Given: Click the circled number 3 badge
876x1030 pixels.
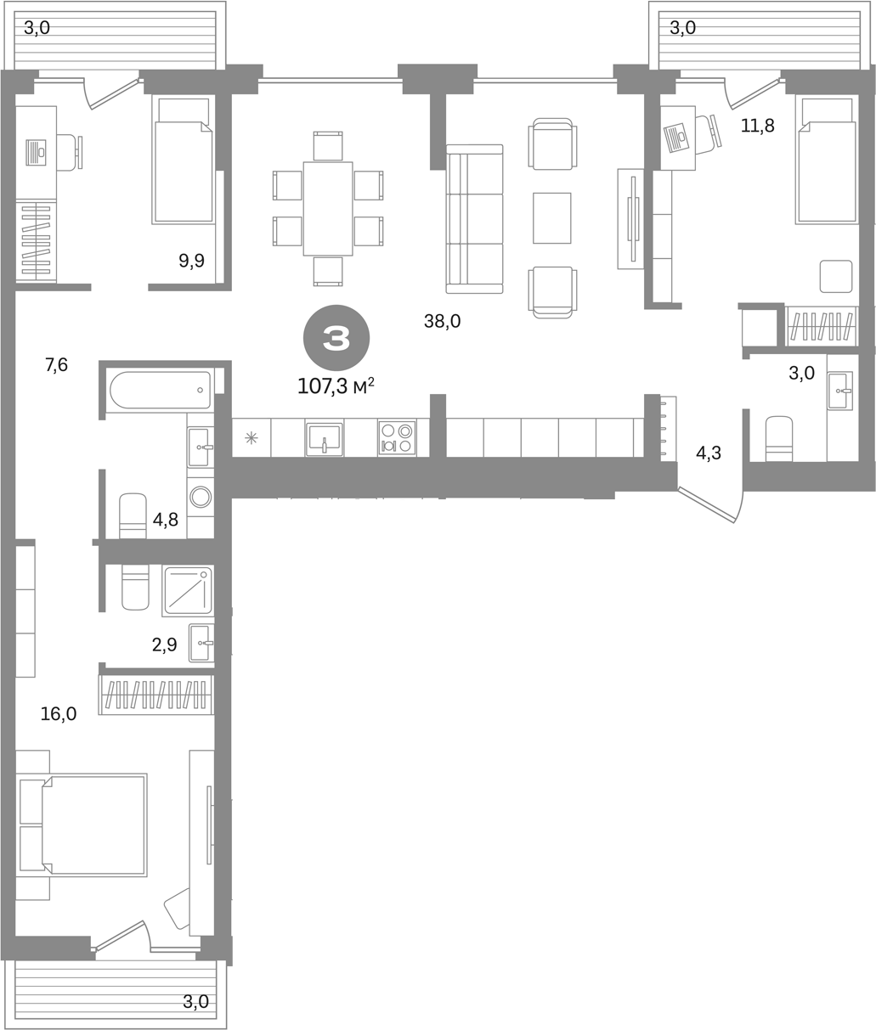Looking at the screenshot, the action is coord(336,338).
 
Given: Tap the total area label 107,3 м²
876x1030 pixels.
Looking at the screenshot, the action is coord(336,386).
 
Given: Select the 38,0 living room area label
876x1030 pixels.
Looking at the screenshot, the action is coord(442,322).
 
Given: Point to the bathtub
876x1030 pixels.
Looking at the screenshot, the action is coord(161,390).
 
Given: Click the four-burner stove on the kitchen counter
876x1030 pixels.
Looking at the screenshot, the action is coord(397,437).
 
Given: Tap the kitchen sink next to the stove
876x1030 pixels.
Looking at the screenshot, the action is coord(324,438).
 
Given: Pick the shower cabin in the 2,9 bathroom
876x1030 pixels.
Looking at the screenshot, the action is coord(188,590).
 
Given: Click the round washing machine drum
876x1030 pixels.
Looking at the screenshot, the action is coord(201,497).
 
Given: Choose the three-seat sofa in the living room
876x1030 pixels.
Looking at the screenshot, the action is coord(475,219).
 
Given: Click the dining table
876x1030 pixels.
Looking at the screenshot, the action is coord(328,208).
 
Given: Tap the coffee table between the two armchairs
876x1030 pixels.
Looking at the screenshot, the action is coord(552,217).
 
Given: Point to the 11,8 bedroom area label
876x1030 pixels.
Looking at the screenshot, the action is coord(757,126).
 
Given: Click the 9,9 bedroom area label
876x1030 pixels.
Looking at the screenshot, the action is coord(192,261).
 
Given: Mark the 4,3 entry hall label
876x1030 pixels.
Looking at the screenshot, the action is coord(709,453).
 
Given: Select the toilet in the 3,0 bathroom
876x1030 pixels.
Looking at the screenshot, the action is coord(779,439).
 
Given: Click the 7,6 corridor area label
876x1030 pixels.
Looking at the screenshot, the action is coord(56,365).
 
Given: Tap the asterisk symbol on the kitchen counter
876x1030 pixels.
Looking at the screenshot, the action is coord(251,438).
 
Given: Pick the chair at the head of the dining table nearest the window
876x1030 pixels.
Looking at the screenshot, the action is coord(328,145).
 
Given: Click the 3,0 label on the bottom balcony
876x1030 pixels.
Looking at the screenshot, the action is coord(196,1001).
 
